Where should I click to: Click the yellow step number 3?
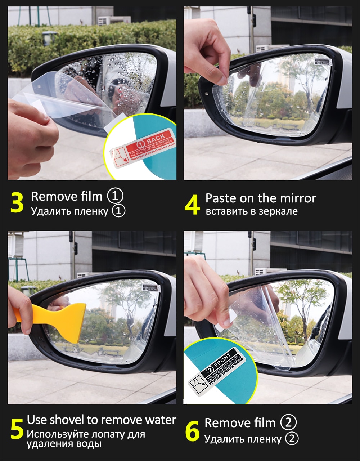[x=17, y=202]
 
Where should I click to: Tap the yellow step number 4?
[x=192, y=205]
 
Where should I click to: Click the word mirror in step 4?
[x=297, y=198]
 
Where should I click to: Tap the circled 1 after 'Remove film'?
[x=115, y=196]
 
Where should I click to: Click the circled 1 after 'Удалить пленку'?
[x=118, y=211]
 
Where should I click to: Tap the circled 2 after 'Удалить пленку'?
[x=292, y=439]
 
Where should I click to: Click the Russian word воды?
[x=89, y=444]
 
